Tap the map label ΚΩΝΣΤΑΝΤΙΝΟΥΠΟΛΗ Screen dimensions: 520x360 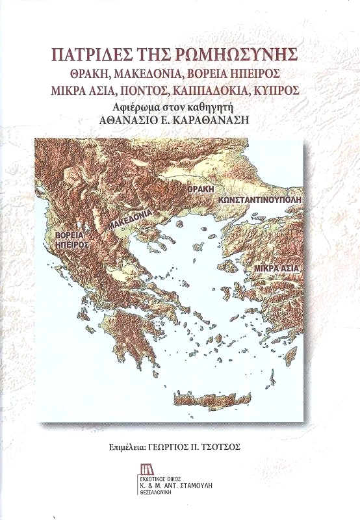pos(260,200)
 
